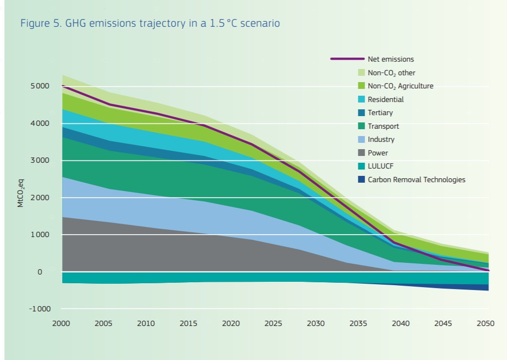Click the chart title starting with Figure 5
[150, 23]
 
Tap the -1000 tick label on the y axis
[39, 309]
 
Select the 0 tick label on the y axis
[40, 272]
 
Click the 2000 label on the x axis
[62, 324]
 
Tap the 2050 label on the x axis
[486, 324]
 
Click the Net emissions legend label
[390, 59]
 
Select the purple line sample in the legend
[347, 59]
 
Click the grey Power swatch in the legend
[361, 153]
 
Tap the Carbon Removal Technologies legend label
[416, 180]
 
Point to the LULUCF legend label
[381, 166]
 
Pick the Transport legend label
[383, 126]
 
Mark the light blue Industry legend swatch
[361, 139]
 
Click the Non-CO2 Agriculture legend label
[400, 86]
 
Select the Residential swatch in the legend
[361, 100]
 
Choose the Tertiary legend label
[380, 113]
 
